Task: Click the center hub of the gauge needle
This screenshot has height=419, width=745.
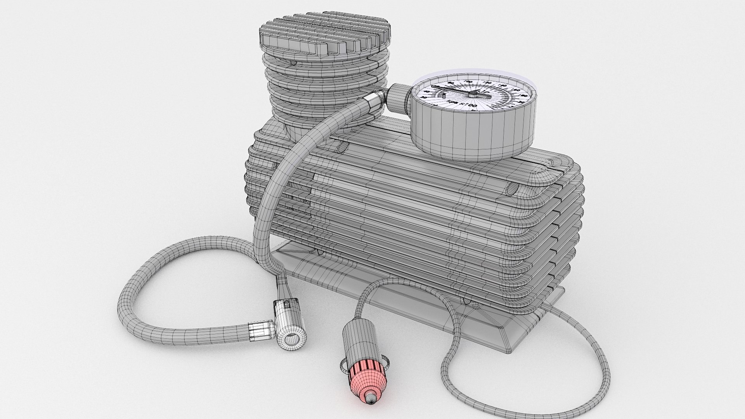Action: pyautogui.click(x=473, y=95)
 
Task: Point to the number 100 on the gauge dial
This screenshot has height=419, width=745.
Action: pyautogui.click(x=468, y=81)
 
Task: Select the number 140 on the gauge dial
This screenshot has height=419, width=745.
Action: pyautogui.click(x=502, y=85)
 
